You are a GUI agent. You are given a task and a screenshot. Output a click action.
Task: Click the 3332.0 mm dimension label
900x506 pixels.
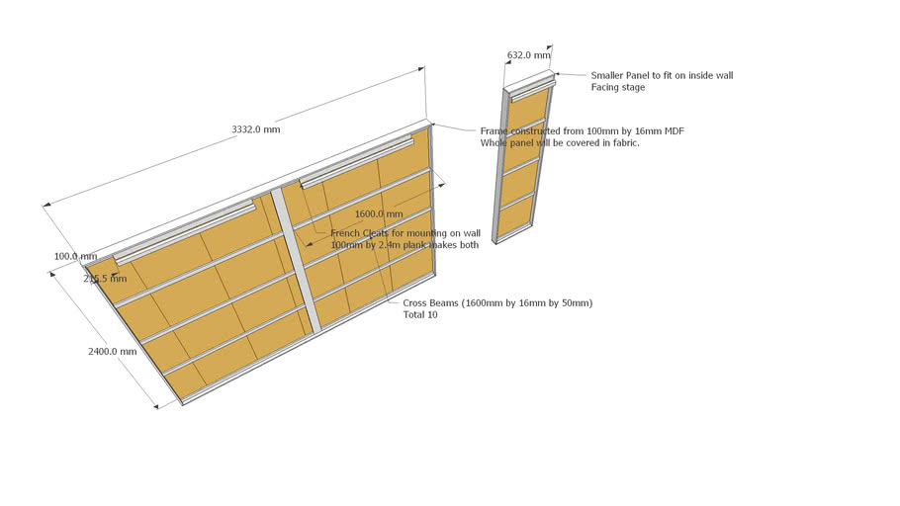pos(255,129)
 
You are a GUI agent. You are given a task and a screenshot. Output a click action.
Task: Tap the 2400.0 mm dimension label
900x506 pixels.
pos(113,351)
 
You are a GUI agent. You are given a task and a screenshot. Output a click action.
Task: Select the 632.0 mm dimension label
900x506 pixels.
pos(527,55)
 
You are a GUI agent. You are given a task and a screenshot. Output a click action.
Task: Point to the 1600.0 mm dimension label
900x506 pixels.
pos(379,213)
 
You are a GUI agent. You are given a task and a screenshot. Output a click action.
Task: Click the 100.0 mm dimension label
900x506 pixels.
pos(75,256)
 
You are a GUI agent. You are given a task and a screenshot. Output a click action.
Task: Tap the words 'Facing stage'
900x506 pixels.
pos(618,88)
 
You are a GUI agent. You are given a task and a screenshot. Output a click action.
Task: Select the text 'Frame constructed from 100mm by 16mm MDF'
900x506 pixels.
pos(583,130)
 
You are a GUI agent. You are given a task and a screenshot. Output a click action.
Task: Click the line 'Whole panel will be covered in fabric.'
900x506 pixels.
pos(560,143)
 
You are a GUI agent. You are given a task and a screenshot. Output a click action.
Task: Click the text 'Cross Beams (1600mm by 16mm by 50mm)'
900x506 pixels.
pos(497,302)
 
